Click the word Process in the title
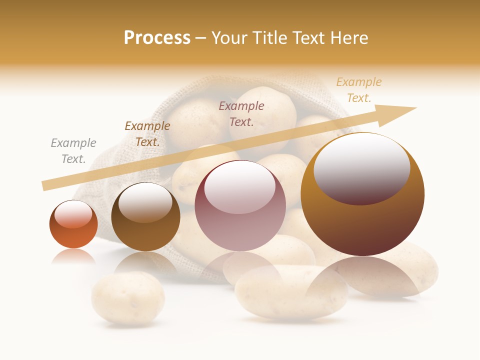pyautogui.click(x=157, y=38)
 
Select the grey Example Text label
pyautogui.click(x=73, y=150)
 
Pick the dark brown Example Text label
pyautogui.click(x=147, y=133)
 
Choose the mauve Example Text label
pyautogui.click(x=241, y=113)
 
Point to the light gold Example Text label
pyautogui.click(x=358, y=90)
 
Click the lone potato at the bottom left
pyautogui.click(x=128, y=298)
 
